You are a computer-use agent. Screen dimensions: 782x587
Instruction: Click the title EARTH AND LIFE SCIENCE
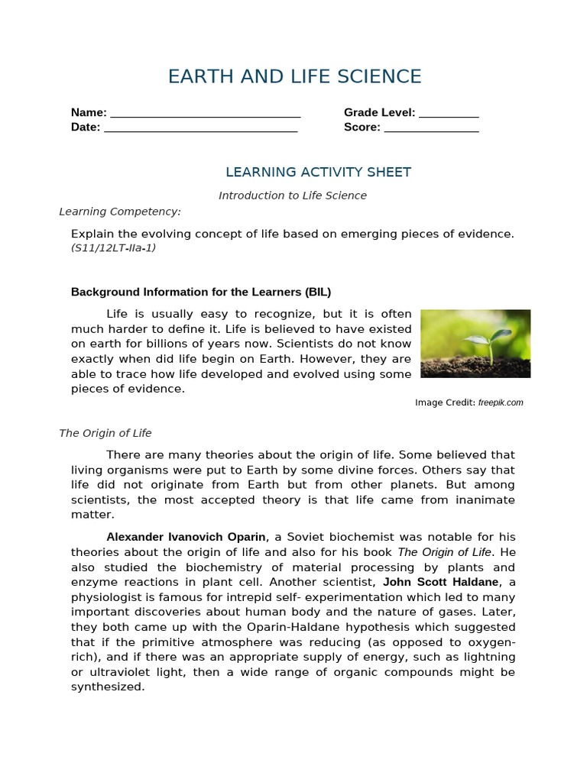(294, 76)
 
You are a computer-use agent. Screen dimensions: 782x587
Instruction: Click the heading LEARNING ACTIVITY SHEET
(318, 172)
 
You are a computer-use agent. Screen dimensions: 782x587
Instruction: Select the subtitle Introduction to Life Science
(293, 195)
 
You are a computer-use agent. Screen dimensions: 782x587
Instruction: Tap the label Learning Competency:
(120, 212)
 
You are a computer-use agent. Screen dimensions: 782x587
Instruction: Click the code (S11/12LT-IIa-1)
(113, 248)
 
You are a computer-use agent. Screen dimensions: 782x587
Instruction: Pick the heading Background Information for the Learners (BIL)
(201, 292)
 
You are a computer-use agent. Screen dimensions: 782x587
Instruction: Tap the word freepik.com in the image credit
(501, 402)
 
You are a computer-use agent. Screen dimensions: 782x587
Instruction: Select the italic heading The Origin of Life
(105, 433)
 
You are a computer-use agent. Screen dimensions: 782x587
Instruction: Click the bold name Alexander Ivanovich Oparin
(186, 537)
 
